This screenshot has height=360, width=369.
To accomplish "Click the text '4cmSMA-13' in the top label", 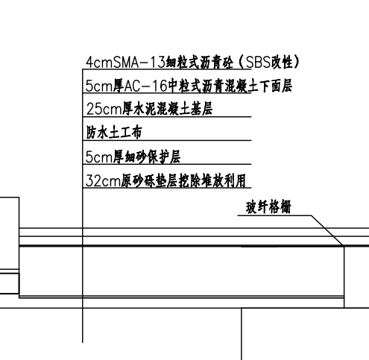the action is click(x=125, y=62).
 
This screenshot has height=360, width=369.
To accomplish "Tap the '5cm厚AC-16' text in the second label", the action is click(x=127, y=86).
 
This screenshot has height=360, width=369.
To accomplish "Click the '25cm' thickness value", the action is click(x=104, y=109).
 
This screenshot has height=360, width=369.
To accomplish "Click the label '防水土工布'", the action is click(x=114, y=132).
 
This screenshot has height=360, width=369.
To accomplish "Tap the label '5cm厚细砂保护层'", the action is click(x=133, y=157).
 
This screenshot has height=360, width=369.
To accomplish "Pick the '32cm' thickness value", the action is click(x=103, y=180).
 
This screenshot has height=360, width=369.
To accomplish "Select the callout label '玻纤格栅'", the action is click(x=268, y=207).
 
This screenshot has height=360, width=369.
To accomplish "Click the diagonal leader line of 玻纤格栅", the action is click(x=327, y=230).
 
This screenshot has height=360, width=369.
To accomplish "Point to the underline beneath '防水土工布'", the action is click(x=167, y=140).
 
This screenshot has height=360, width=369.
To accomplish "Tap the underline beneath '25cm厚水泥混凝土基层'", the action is click(x=167, y=116).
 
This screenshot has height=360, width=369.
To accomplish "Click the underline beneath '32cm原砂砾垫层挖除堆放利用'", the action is click(x=167, y=188).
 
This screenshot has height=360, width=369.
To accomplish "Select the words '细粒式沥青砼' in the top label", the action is click(x=200, y=62).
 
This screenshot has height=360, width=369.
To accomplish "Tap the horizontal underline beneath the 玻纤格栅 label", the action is click(x=274, y=215).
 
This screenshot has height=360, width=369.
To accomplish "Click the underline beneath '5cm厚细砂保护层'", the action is click(x=167, y=164).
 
